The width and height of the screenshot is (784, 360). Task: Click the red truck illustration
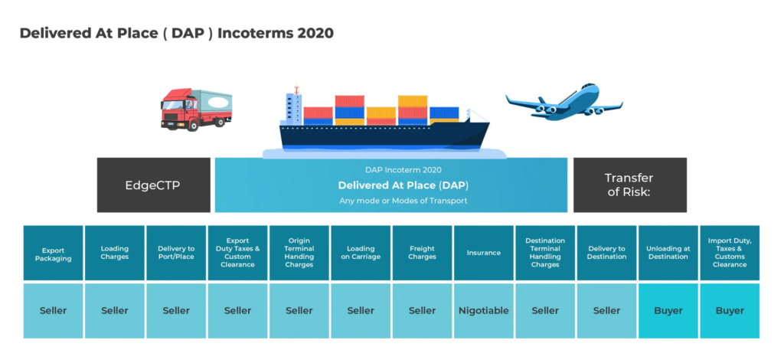[x=195, y=110]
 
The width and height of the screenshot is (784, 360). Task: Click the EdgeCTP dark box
[x=153, y=185]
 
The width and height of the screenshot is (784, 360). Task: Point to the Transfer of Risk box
[x=629, y=185]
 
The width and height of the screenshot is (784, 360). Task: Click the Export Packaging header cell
[x=53, y=253]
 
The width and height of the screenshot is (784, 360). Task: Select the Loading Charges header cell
[x=115, y=253]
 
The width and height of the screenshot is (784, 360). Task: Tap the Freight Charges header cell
[x=422, y=253]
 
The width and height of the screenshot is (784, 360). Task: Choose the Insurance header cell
[x=484, y=253]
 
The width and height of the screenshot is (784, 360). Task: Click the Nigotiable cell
[x=484, y=310]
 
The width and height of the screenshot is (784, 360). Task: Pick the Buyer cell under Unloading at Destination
[x=668, y=310]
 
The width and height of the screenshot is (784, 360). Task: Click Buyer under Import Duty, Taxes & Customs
[x=730, y=310]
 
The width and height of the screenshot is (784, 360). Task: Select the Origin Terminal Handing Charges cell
[x=299, y=253]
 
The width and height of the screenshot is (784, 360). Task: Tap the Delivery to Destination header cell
[x=606, y=253]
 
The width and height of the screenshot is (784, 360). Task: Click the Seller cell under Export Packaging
[x=53, y=310]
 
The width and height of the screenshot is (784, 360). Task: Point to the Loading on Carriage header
[x=361, y=253]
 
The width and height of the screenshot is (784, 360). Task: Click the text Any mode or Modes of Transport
[x=403, y=201]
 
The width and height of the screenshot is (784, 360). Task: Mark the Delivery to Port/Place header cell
[x=176, y=253]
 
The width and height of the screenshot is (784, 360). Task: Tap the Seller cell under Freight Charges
[x=422, y=310]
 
